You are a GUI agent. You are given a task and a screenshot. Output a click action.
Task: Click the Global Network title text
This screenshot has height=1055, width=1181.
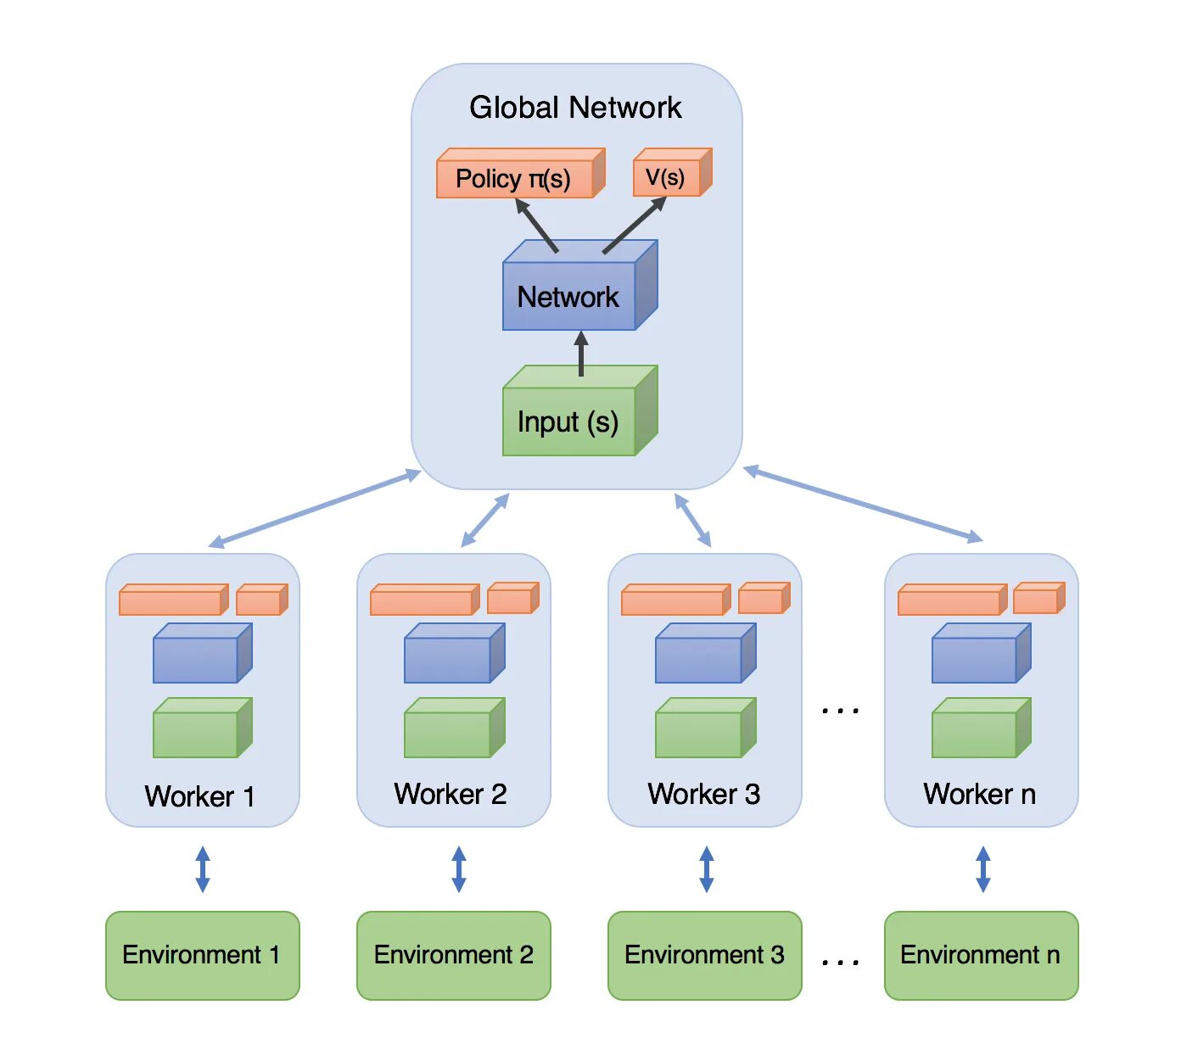574,107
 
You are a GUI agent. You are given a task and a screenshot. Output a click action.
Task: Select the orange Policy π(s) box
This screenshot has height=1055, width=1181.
521,173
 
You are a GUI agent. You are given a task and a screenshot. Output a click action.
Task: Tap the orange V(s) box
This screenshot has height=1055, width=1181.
672,172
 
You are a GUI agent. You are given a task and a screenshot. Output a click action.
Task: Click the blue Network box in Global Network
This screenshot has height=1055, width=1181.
580,285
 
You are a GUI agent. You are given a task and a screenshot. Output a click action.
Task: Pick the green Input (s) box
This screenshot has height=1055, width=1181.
580,410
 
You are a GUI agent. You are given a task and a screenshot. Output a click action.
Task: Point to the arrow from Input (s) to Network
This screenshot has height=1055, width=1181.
580,354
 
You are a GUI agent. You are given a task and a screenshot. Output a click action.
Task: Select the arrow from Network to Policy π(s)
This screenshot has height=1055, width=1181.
536,226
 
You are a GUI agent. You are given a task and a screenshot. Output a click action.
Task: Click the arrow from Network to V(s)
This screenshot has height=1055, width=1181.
635,225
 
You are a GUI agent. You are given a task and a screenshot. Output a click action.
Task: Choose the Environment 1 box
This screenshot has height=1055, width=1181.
202,955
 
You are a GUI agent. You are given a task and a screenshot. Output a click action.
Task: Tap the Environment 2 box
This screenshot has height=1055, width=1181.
454,955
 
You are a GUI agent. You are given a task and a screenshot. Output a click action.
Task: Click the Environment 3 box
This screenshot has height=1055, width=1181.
705,955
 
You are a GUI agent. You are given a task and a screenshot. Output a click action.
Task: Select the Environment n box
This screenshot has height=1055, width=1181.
981,955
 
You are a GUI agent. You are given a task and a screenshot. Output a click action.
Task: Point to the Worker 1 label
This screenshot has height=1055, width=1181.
200,796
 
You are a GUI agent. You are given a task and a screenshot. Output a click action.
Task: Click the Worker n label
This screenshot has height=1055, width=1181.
979,794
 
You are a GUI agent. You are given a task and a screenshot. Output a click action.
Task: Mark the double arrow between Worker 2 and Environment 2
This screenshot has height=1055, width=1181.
459,869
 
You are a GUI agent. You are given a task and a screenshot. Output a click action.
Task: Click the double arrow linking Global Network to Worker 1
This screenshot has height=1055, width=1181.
314,509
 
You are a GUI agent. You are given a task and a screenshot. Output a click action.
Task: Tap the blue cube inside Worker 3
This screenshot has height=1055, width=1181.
705,653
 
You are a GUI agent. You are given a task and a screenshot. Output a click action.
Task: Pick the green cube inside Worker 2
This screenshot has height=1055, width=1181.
454,728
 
